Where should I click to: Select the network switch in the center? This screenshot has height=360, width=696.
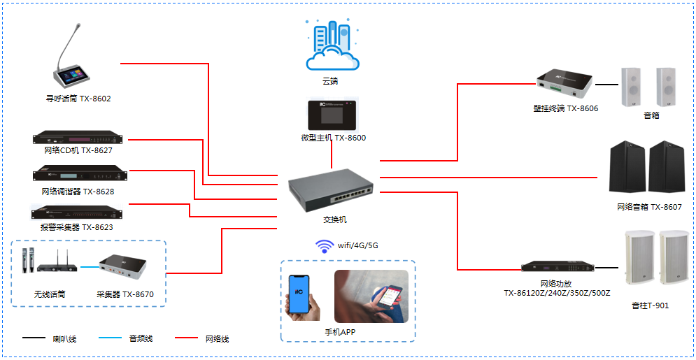click(x=331, y=190)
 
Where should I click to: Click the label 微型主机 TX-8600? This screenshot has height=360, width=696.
click(x=333, y=138)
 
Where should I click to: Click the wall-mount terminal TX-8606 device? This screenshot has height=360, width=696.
click(x=564, y=84)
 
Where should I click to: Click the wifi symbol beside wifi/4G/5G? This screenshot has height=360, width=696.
click(x=325, y=245)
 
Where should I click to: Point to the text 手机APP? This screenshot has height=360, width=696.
click(x=341, y=332)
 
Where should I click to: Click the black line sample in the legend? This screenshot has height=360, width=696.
click(x=34, y=338)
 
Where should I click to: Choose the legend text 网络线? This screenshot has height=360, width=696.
click(x=217, y=339)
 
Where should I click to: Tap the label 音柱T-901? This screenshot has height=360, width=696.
click(x=650, y=305)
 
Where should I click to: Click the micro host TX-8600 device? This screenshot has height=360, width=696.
click(x=332, y=113)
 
